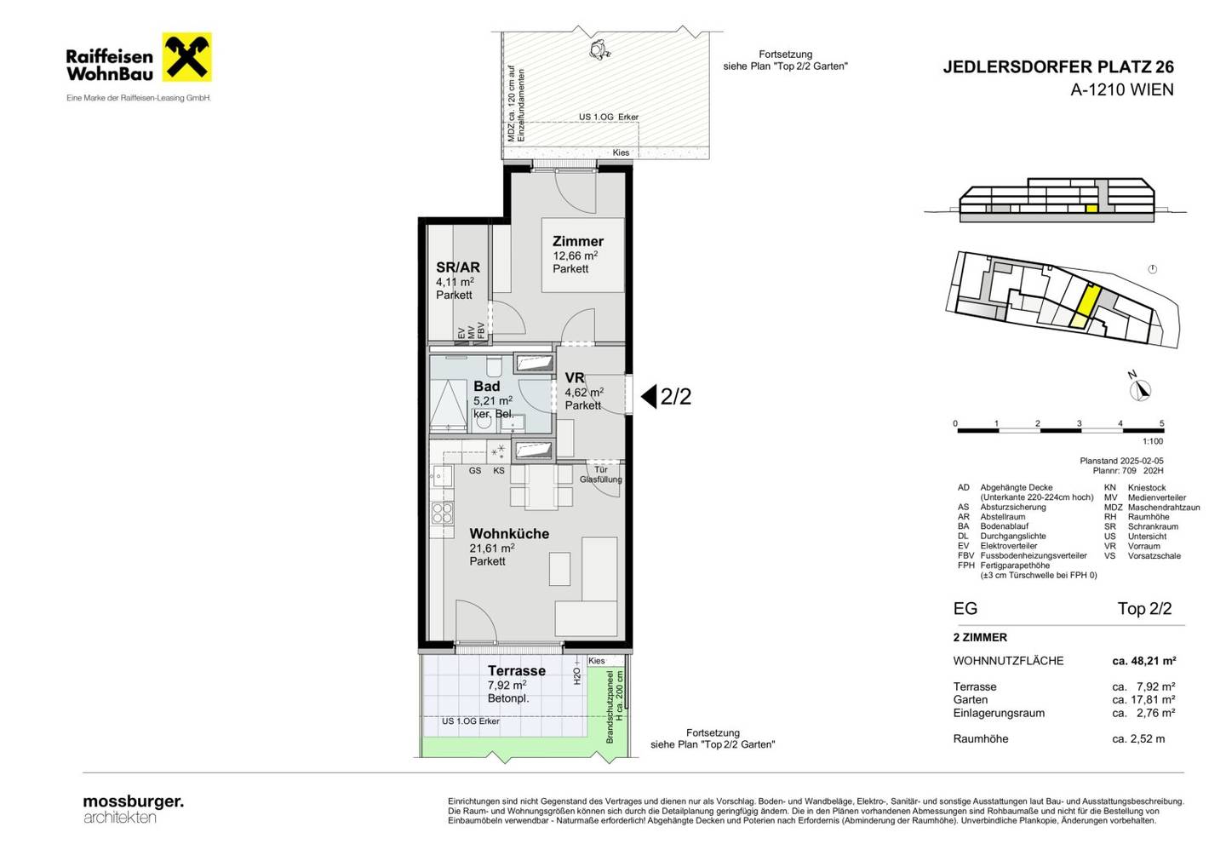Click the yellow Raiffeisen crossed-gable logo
coord(186,57)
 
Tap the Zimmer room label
coord(577,241)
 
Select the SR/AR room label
coord(457,267)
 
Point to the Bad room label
coord(487,386)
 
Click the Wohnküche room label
coord(509,534)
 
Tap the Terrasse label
coord(516,670)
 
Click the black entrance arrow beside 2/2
coord(649,396)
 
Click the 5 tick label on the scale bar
coord(1161,423)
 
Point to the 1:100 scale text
coord(1153,441)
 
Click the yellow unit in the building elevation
coord(1091,209)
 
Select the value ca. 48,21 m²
coord(1144,661)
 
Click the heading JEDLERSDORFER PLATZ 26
coord(1058,66)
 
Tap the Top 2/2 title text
coord(1144,609)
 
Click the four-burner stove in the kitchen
coord(442,514)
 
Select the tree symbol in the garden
coord(600,49)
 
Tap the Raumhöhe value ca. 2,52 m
coord(1138,739)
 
